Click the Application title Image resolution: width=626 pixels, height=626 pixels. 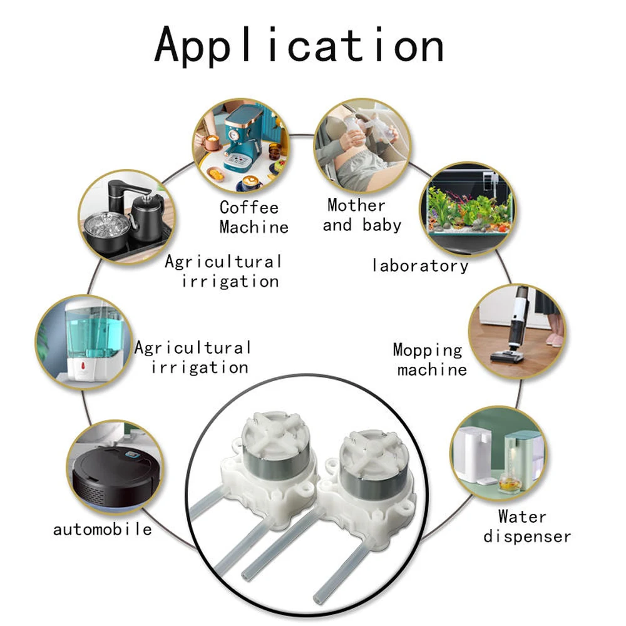(x=299, y=44)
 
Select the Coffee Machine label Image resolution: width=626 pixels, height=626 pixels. (x=254, y=217)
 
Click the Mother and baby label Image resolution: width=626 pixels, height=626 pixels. (x=362, y=215)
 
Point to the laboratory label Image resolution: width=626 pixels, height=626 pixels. (x=419, y=265)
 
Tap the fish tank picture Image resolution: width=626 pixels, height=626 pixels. (x=468, y=208)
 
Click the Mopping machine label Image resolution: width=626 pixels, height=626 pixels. (x=431, y=359)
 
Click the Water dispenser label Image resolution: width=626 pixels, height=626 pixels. (x=527, y=526)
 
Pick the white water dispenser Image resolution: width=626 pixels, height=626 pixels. (x=475, y=454)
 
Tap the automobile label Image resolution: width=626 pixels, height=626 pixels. (x=103, y=530)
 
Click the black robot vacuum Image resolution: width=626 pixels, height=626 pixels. (x=116, y=475)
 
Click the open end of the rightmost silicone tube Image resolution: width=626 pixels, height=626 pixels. (x=318, y=598)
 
